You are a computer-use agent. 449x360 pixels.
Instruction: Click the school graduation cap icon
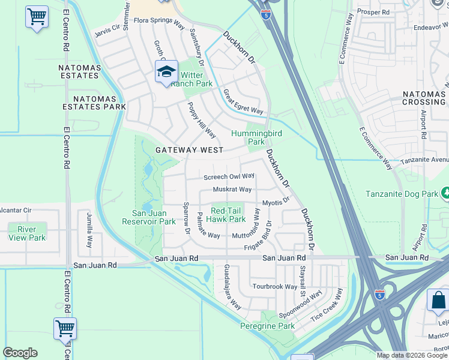(x=166, y=72)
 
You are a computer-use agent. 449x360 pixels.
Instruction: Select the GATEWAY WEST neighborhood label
(x=189, y=150)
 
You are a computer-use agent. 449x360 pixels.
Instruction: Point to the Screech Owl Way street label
(x=229, y=177)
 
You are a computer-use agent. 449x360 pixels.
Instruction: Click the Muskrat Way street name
(x=232, y=190)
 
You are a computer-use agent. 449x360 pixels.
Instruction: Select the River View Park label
(x=27, y=233)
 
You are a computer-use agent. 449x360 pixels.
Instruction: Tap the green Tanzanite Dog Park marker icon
(x=445, y=193)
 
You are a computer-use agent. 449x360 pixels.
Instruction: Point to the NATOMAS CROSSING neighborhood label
(x=423, y=98)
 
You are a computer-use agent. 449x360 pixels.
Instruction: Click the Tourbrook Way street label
(x=274, y=287)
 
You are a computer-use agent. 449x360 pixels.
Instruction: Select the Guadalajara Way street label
(x=233, y=286)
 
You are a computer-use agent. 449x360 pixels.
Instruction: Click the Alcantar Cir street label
(x=15, y=210)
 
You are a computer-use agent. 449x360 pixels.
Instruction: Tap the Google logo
(x=20, y=353)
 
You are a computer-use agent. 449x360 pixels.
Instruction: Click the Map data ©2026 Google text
(x=412, y=355)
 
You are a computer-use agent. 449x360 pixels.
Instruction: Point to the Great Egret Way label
(x=243, y=101)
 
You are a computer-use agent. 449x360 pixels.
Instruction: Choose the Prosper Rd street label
(x=373, y=11)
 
